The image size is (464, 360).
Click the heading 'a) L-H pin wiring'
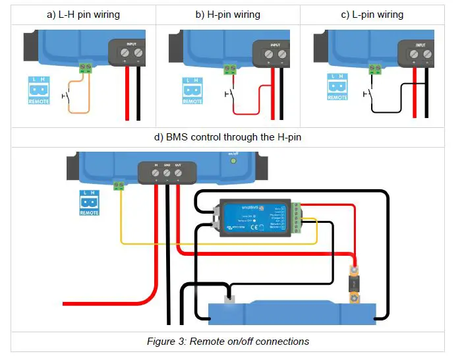click(82, 15)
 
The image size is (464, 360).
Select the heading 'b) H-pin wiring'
click(227, 15)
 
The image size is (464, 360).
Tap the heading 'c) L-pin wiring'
click(372, 15)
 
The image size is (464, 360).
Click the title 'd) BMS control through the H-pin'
click(227, 137)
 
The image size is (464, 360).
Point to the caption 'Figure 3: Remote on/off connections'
click(227, 342)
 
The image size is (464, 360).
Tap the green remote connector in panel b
click(229, 68)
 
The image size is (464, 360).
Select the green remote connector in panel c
click(374, 68)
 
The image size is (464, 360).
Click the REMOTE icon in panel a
click(39, 90)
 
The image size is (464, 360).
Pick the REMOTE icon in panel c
click(337, 86)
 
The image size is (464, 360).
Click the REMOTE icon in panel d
click(89, 202)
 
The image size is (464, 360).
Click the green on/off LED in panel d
click(232, 161)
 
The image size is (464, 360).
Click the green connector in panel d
click(119, 186)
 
